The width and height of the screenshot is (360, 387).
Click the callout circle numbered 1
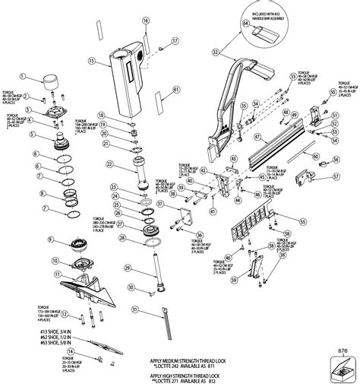point(24,77)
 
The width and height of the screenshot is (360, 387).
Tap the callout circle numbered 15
point(92,60)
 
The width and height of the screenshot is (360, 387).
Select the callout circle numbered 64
point(245,23)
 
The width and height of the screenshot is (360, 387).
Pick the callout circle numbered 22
point(111,163)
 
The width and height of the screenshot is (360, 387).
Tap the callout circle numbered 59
point(234,281)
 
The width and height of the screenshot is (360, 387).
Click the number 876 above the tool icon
point(341,351)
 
